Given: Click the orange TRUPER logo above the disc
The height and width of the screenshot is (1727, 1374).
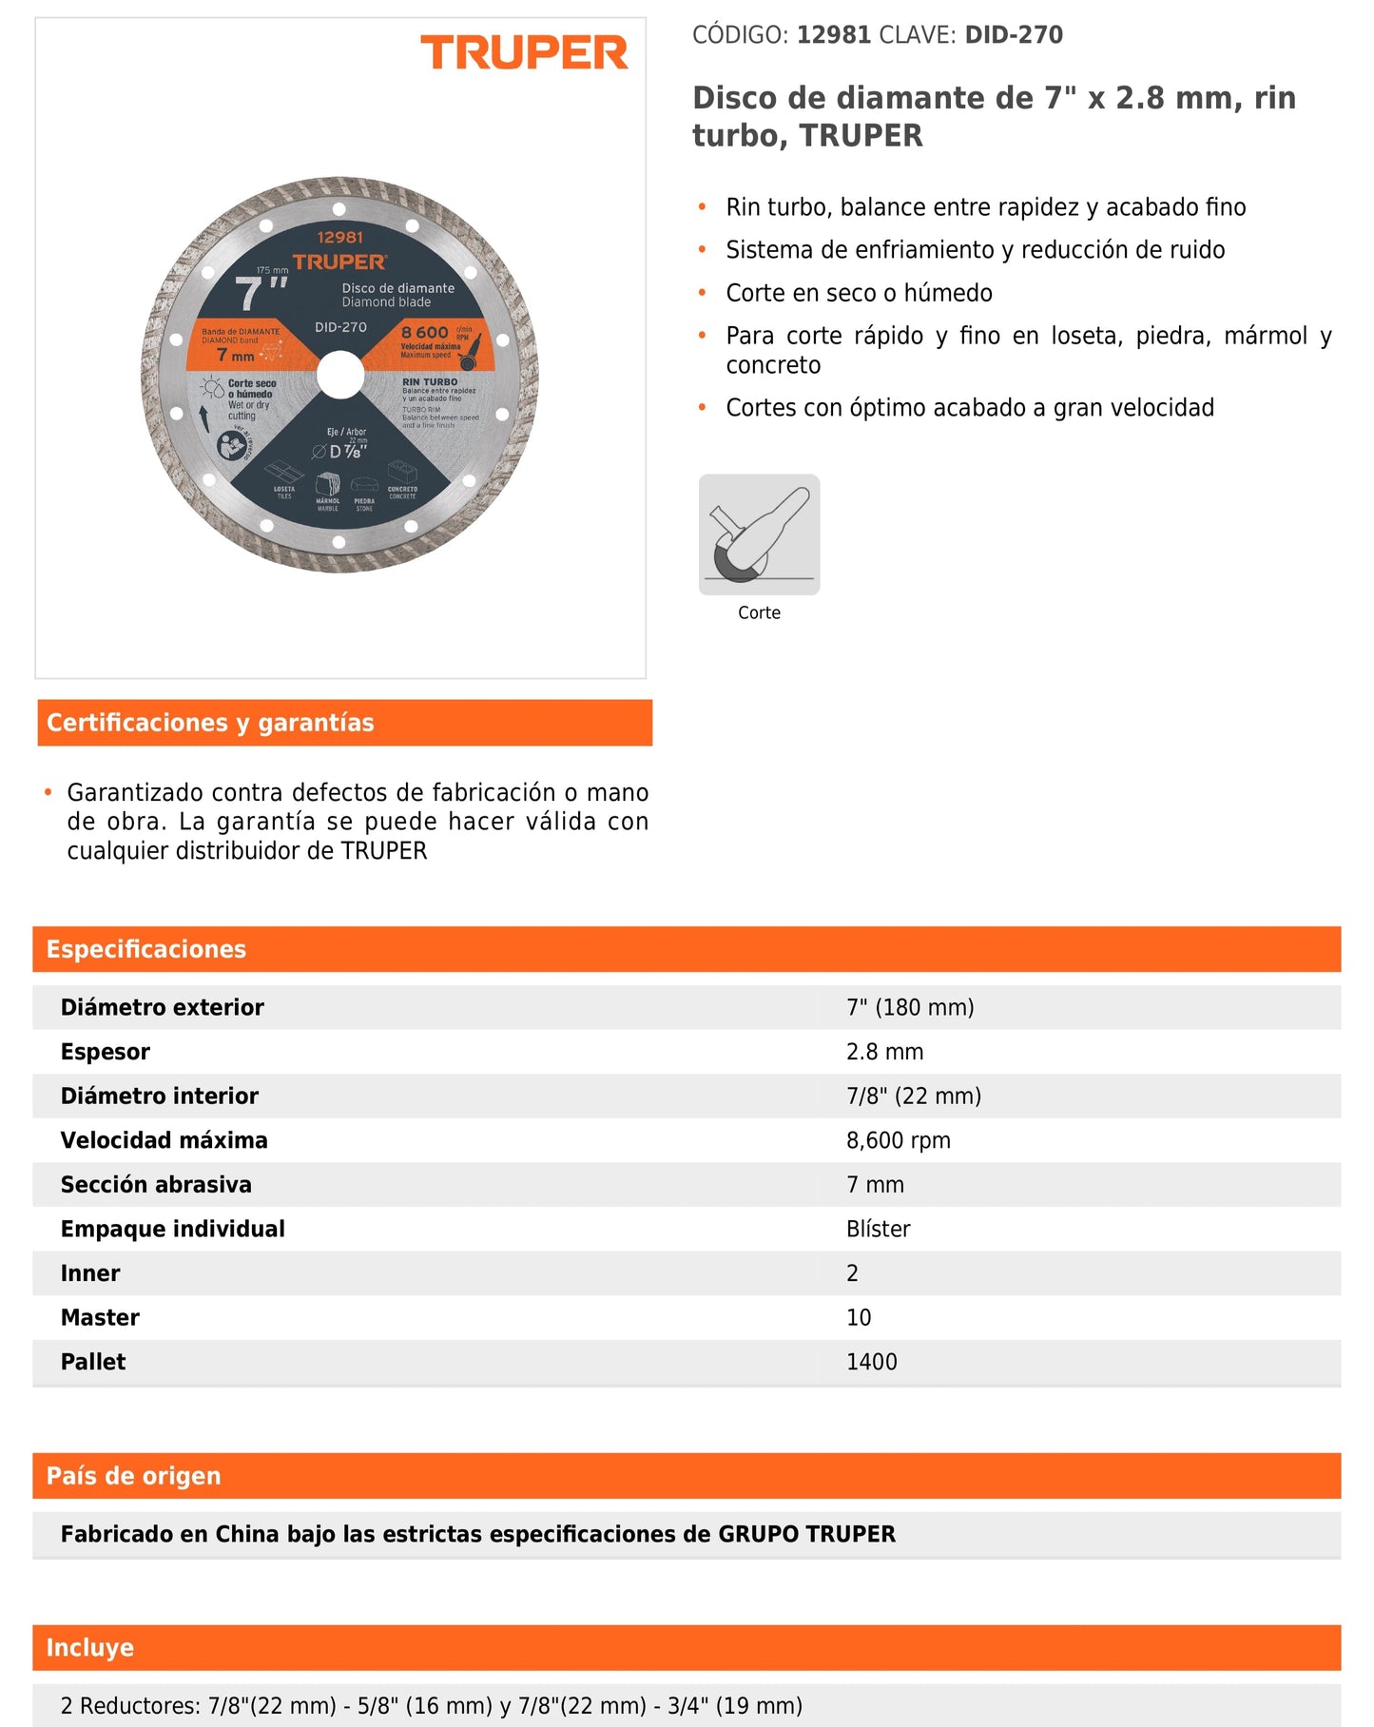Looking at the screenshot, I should [x=524, y=53].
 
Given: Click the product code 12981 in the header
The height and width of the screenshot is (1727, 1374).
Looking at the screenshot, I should [x=833, y=35].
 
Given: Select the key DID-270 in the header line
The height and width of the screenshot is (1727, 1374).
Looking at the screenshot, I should [x=1014, y=35].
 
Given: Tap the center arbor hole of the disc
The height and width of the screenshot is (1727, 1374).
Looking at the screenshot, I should [x=340, y=375].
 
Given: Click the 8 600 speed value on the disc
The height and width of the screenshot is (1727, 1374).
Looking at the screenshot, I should [x=424, y=333].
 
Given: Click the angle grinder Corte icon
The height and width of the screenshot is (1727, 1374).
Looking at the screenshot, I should [x=759, y=534].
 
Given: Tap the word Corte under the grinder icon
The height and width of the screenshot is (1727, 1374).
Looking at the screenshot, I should [x=759, y=613].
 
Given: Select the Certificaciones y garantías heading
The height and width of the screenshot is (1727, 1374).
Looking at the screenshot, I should [x=210, y=723].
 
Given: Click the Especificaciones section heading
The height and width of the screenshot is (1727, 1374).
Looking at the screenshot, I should [x=146, y=949].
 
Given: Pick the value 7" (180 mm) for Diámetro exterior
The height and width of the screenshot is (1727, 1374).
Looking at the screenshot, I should [x=910, y=1007].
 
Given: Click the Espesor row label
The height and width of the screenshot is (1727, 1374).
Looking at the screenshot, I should [x=106, y=1052].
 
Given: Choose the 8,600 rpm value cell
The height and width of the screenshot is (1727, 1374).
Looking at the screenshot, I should [x=899, y=1140].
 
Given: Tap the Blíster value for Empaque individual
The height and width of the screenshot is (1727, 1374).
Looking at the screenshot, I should [x=879, y=1229].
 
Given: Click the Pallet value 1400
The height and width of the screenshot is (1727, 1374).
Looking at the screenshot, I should [x=872, y=1362].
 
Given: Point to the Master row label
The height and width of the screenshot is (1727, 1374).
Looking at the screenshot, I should [x=100, y=1317].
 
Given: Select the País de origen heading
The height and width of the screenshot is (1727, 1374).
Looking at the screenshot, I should [x=134, y=1476].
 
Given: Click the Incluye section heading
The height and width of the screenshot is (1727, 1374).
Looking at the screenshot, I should [x=90, y=1648].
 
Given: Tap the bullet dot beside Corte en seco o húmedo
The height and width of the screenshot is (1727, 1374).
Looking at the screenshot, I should [x=703, y=292].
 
